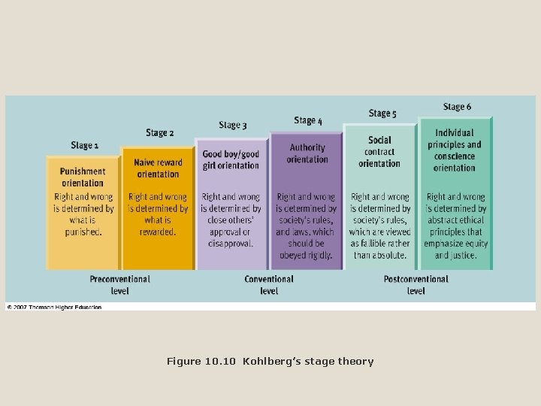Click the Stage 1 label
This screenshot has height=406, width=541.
tap(84, 145)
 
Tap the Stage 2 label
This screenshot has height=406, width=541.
tap(159, 133)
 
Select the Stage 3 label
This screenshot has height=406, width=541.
tap(233, 125)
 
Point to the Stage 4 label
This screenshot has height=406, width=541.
tap(308, 120)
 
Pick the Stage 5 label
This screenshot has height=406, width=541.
tap(382, 114)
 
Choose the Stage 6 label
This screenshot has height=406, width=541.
tap(458, 107)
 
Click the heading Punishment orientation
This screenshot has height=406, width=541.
tap(83, 176)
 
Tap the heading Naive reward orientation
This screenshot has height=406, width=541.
tap(159, 168)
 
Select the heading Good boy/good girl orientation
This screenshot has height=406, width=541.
tap(231, 160)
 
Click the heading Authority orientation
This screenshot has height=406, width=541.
tap(307, 153)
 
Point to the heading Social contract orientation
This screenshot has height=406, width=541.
tap(380, 152)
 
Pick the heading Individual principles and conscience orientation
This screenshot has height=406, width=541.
tap(455, 150)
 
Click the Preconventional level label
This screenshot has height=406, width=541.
tap(119, 284)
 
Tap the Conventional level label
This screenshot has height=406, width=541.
tap(269, 284)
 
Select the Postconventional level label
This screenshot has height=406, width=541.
tap(416, 284)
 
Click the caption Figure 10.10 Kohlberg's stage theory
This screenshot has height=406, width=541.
tap(270, 362)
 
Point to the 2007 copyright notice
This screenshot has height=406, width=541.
tap(54, 307)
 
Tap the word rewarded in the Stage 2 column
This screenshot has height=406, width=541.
tap(158, 232)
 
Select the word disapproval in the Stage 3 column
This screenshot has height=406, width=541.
tap(231, 244)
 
